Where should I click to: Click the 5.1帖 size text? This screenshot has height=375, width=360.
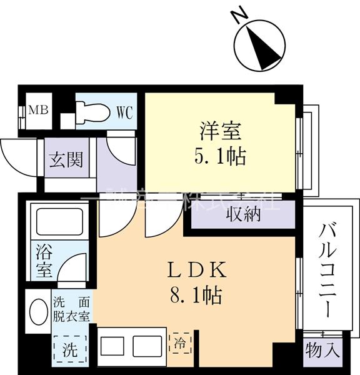[x=219, y=156]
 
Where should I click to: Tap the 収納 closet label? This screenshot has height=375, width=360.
[x=242, y=214]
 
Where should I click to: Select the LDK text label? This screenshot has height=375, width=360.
[x=194, y=270]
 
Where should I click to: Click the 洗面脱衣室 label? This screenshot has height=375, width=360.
[x=71, y=308]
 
